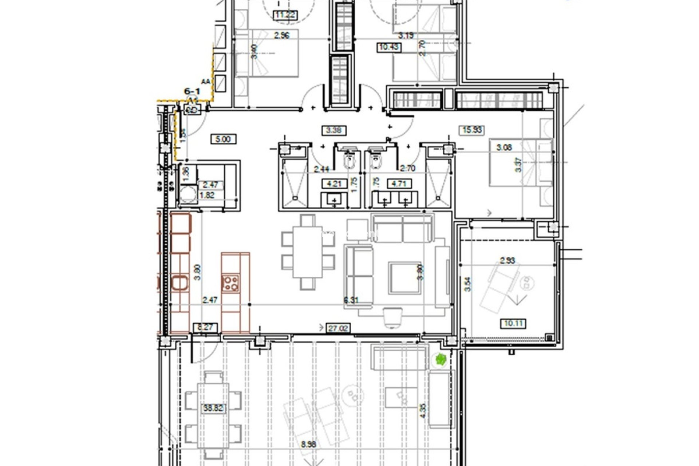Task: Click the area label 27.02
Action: click(338, 328)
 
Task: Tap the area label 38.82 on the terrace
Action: click(213, 408)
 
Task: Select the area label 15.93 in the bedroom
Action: click(472, 130)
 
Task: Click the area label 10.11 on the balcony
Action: click(513, 323)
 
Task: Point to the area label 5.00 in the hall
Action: click(223, 139)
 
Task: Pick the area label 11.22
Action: click(285, 15)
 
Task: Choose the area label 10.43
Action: click(389, 47)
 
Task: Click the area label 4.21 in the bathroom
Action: click(334, 183)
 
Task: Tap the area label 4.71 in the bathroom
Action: click(399, 183)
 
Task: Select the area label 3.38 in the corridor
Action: click(334, 130)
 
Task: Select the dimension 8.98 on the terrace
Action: click(308, 445)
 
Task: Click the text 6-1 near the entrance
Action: click(191, 91)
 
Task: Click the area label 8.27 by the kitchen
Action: click(205, 327)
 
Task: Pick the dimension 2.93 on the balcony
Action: click(507, 261)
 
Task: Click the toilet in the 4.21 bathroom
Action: click(349, 162)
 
